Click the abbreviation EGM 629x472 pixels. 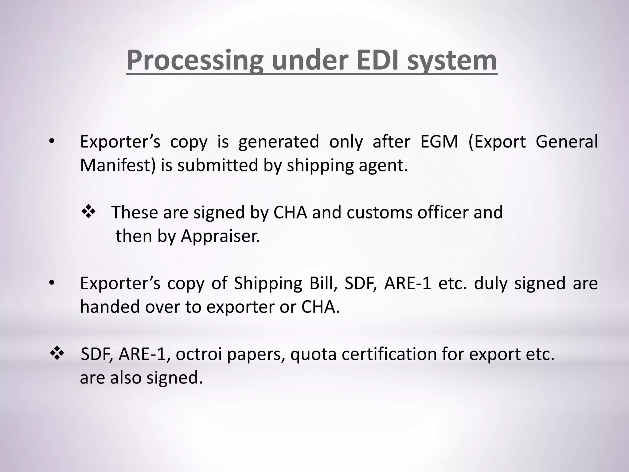(439, 142)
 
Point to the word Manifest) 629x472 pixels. (118, 165)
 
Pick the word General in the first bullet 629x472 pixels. (567, 142)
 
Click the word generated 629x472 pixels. (279, 142)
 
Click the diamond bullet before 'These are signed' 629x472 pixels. (88, 212)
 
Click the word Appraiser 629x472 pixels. (220, 236)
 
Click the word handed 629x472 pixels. (110, 307)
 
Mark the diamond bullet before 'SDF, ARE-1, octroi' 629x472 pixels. (57, 354)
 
